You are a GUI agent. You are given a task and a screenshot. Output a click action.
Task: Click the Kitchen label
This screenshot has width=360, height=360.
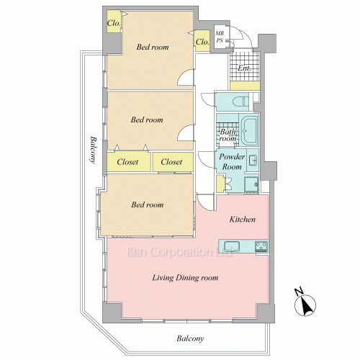coord(243,220)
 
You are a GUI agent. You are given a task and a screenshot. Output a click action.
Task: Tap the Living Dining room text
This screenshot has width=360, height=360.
coord(185,278)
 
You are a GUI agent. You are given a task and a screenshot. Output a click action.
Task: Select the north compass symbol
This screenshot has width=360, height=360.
coord(305,303)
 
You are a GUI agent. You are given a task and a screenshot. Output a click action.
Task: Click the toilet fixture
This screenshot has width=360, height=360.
coord(240,102)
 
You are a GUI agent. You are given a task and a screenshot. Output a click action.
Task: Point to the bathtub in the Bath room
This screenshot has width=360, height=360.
coord(249,130)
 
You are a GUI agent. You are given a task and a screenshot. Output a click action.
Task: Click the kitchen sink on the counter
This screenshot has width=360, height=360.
coord(232,246)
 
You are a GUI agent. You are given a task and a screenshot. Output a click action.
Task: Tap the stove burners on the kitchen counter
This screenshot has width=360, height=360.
coord(261,246)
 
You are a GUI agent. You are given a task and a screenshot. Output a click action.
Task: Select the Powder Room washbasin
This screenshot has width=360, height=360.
coord(253,161)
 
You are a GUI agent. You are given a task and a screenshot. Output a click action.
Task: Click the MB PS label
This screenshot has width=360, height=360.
coord(220,37)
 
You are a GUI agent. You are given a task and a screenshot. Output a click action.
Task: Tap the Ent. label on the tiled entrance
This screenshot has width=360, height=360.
coord(244,68)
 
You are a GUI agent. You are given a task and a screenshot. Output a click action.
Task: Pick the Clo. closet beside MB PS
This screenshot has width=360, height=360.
coord(202,41)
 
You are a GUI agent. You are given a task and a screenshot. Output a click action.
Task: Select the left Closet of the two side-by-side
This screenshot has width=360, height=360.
coord(129,162)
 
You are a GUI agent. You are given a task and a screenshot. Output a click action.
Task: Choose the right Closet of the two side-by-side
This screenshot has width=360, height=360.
coord(173,162)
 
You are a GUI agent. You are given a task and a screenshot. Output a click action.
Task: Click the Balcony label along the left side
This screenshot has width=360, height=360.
coord(94,150)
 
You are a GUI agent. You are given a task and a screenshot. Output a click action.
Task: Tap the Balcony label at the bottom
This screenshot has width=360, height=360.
coord(190,338)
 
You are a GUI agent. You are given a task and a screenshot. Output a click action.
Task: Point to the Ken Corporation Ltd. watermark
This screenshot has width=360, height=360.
coord(179,252)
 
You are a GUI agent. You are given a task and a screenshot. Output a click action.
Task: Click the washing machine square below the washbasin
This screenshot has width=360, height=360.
coord(251,184)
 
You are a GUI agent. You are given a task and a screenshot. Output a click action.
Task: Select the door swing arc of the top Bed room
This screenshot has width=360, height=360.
coord(186,77)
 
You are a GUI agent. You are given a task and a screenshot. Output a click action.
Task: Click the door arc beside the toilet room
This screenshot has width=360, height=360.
coord(207,99)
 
